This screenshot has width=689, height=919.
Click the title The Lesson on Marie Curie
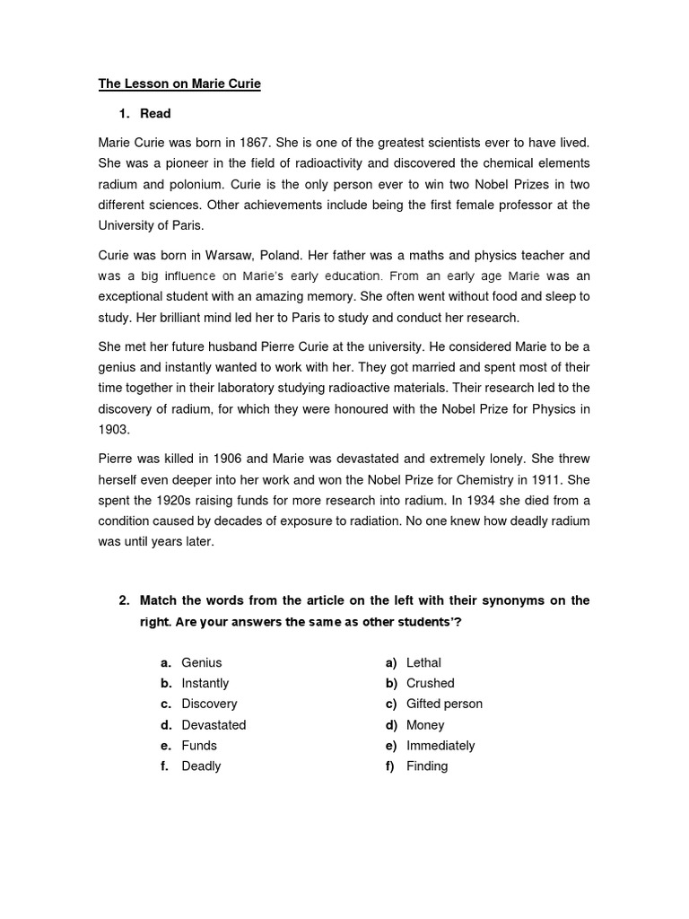pyautogui.click(x=179, y=85)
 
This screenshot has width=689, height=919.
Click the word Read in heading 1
pyautogui.click(x=155, y=114)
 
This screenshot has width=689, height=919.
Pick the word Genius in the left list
pyautogui.click(x=201, y=662)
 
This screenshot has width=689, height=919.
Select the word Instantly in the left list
pyautogui.click(x=205, y=683)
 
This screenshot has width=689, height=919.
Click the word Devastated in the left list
pyautogui.click(x=214, y=724)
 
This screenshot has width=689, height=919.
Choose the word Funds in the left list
pyautogui.click(x=199, y=745)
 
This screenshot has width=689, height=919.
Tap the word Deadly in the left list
pyautogui.click(x=201, y=766)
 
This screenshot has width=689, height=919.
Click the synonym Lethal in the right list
pyautogui.click(x=423, y=662)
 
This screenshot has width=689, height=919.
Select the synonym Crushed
pyautogui.click(x=430, y=683)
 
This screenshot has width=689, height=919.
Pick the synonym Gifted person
pyautogui.click(x=444, y=704)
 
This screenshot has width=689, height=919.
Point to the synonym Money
pyautogui.click(x=425, y=724)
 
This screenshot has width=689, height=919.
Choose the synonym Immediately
pyautogui.click(x=440, y=745)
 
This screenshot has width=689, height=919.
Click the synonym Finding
pyautogui.click(x=427, y=766)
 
